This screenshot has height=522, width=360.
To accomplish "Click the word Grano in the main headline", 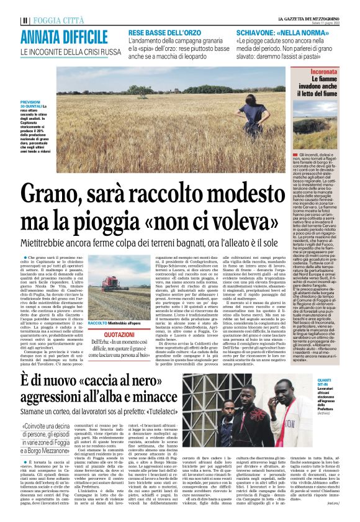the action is (52, 194).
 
